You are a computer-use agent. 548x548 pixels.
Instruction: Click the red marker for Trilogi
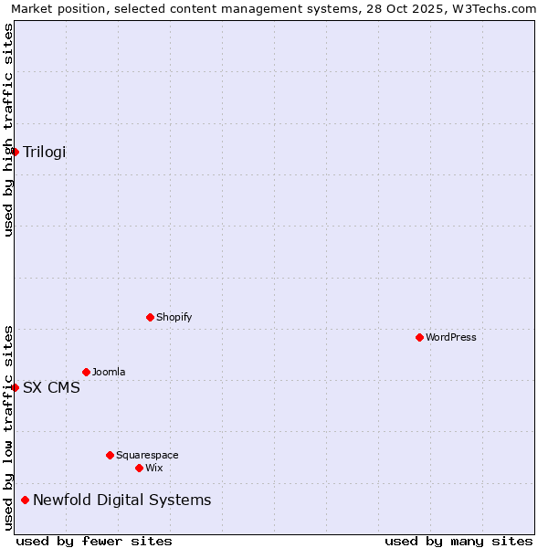(16, 152)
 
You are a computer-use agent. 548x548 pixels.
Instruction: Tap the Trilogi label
(44, 152)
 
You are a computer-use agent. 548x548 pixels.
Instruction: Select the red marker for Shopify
(150, 318)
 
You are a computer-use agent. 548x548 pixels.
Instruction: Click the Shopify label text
(174, 318)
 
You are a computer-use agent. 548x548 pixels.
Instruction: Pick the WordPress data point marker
(419, 338)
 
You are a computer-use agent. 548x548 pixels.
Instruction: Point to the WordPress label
(450, 338)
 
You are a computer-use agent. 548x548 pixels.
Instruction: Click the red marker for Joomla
(86, 373)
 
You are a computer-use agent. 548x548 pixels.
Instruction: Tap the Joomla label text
(109, 373)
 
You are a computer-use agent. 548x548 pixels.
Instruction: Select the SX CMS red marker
(16, 387)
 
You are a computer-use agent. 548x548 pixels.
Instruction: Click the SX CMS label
(51, 387)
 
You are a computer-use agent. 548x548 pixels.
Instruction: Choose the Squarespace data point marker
(110, 455)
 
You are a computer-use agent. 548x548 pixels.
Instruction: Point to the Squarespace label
(147, 455)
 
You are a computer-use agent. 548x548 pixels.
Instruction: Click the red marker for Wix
(139, 468)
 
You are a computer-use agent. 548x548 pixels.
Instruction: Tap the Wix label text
(154, 468)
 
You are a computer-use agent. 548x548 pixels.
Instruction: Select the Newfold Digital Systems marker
(26, 500)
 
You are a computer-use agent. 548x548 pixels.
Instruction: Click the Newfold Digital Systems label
(121, 500)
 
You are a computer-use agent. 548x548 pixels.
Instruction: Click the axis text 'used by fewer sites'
(94, 541)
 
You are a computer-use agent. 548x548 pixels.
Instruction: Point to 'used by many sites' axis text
(458, 541)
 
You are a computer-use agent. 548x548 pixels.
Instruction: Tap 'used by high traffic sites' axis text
(8, 130)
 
